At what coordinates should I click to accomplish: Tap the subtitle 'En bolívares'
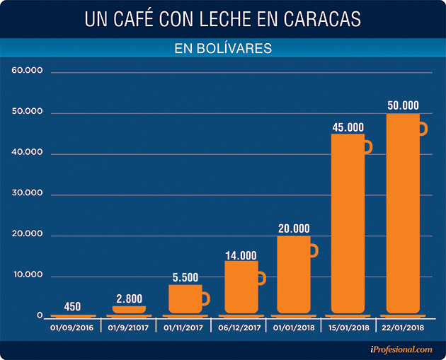(223, 49)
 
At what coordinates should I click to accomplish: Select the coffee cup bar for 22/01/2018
(403, 212)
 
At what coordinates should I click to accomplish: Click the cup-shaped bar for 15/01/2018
(348, 223)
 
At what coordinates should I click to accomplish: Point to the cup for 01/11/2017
(185, 299)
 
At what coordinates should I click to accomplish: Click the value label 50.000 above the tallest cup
(403, 105)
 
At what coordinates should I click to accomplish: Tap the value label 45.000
(348, 127)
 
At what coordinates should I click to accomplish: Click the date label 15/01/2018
(348, 328)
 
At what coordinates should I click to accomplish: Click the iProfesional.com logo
(400, 349)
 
